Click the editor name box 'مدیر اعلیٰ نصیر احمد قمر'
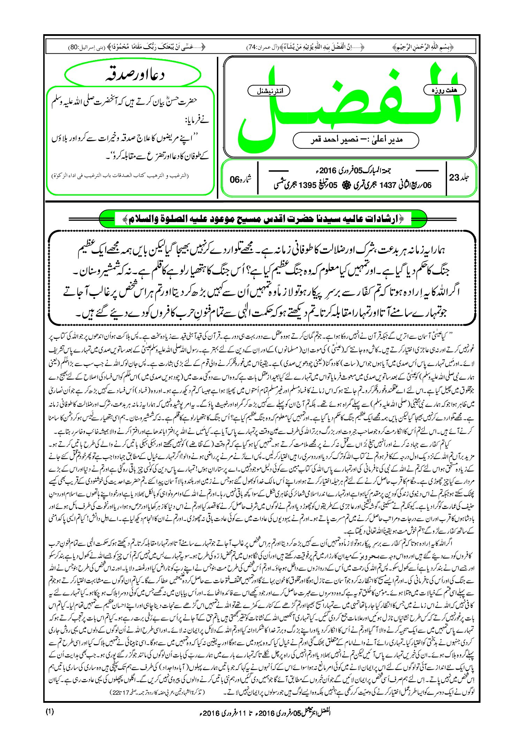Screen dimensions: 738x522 pyautogui.click(x=356, y=140)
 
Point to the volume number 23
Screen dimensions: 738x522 pyautogui.click(x=454, y=178)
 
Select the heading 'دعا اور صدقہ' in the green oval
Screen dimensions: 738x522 pyautogui.click(x=134, y=75)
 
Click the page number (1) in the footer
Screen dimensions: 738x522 pyautogui.click(x=50, y=712)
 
